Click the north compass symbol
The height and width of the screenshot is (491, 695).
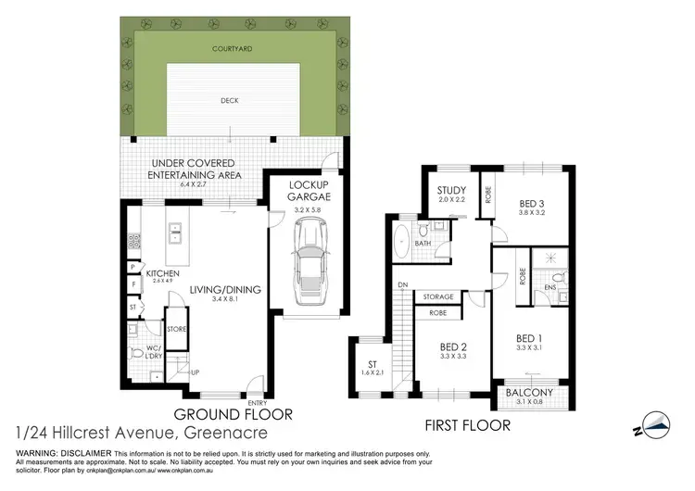point(655,424)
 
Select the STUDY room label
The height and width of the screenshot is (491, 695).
point(452,191)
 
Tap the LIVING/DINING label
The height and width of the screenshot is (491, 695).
point(225,290)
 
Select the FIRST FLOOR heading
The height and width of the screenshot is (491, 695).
point(469,426)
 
